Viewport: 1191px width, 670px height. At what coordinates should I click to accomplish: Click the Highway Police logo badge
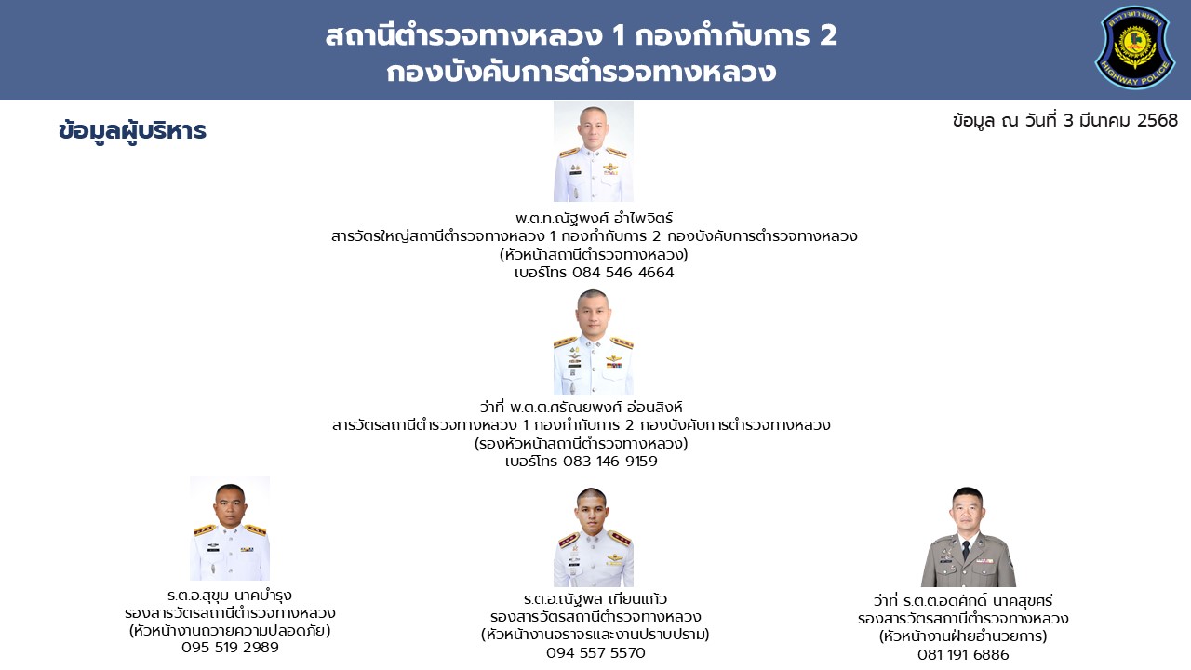(x=1134, y=47)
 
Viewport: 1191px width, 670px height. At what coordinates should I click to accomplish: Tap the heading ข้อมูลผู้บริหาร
(x=132, y=131)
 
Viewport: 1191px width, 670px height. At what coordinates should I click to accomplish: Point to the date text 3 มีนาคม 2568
(x=1121, y=120)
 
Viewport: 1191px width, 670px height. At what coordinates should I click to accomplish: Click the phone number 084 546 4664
(x=623, y=273)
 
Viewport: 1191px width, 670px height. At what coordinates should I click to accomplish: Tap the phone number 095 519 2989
(x=230, y=647)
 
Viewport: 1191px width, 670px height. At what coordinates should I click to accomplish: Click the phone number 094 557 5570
(x=595, y=652)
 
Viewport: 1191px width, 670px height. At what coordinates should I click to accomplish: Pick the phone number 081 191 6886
(x=963, y=654)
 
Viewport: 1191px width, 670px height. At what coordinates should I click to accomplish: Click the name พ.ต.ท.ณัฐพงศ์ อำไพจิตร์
(x=594, y=218)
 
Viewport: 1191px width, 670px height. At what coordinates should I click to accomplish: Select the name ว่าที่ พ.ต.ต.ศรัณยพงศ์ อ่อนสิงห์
(x=582, y=408)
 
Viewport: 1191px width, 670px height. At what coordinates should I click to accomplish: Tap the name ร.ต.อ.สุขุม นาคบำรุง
(x=230, y=595)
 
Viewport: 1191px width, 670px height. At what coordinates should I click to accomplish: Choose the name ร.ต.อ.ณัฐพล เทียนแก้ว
(x=595, y=599)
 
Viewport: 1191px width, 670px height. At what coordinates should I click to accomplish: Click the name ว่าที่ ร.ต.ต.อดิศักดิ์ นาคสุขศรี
(x=963, y=601)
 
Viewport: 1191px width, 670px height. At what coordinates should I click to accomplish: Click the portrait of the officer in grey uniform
(x=968, y=537)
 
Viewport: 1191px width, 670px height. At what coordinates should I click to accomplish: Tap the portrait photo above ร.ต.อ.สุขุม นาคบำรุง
(x=230, y=529)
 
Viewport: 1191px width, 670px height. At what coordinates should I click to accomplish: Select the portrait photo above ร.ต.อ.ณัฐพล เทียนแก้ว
(x=594, y=537)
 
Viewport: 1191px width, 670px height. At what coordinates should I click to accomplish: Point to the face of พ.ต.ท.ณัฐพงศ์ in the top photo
(x=593, y=127)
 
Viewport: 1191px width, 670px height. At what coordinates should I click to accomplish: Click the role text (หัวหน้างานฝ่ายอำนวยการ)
(x=963, y=636)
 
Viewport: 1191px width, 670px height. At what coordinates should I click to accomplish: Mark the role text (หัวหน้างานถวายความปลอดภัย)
(x=230, y=631)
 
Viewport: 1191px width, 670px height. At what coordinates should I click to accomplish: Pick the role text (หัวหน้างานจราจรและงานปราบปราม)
(x=595, y=635)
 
